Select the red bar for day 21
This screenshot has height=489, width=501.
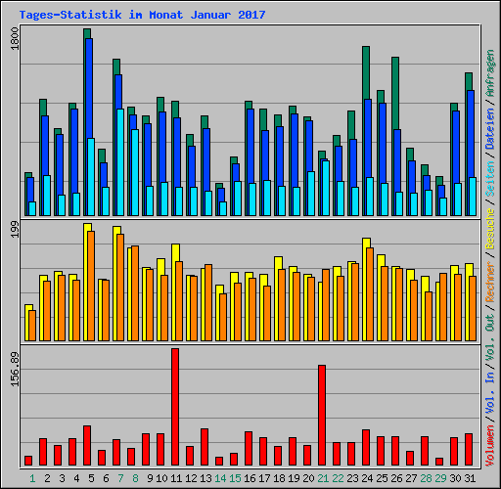pyautogui.click(x=322, y=415)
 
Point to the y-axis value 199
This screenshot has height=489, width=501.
pyautogui.click(x=13, y=232)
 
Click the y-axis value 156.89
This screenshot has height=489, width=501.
pyautogui.click(x=13, y=370)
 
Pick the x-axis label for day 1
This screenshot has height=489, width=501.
pyautogui.click(x=32, y=478)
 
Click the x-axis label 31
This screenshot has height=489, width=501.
pyautogui.click(x=469, y=478)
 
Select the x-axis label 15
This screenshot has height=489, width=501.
pyautogui.click(x=235, y=478)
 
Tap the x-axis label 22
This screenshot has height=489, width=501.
pyautogui.click(x=338, y=478)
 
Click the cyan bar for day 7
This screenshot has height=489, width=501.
pyautogui.click(x=119, y=161)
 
